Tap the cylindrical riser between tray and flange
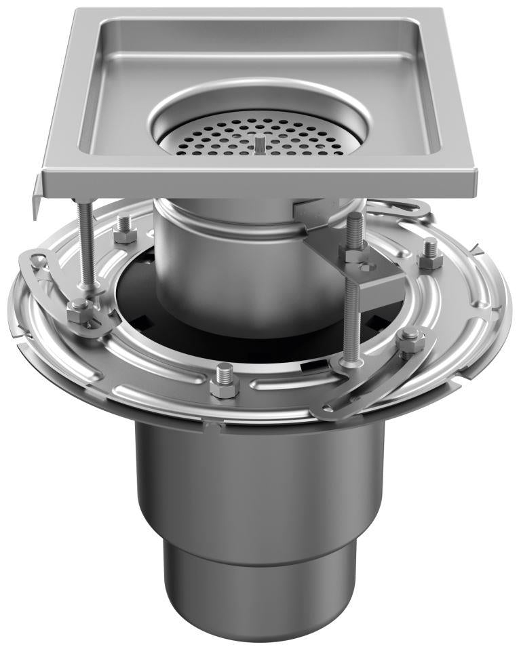(204, 258)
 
